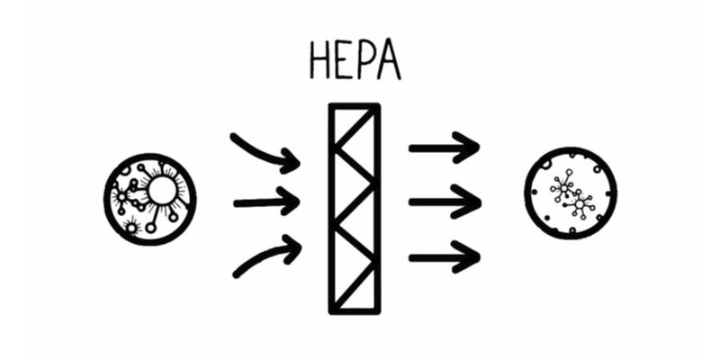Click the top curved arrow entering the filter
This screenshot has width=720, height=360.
[265, 151]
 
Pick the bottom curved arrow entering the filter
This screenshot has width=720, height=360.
[265, 256]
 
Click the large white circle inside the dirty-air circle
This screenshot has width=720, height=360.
[161, 190]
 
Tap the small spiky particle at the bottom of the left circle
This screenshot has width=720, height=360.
[131, 229]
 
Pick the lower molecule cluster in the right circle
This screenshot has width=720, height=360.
[581, 204]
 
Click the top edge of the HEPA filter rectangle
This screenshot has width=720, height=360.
[355, 107]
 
